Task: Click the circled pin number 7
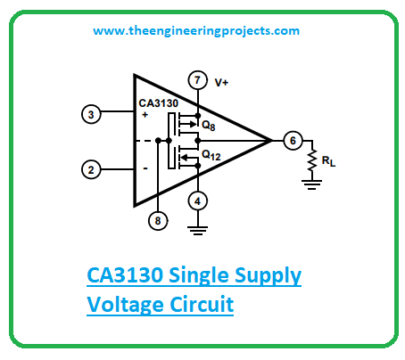click(x=197, y=80)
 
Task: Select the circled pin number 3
click(x=91, y=114)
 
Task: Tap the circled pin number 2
click(x=91, y=169)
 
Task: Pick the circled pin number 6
click(x=293, y=141)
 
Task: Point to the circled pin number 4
click(x=197, y=201)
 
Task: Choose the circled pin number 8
click(x=158, y=221)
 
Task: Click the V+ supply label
click(x=221, y=82)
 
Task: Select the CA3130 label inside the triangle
click(x=159, y=103)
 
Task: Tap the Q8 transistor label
click(x=208, y=126)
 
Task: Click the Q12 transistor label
click(x=211, y=155)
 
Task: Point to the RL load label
click(x=328, y=162)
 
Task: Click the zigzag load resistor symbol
click(x=312, y=160)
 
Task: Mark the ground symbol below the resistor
click(x=312, y=184)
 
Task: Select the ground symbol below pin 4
click(x=197, y=231)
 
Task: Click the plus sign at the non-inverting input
click(x=145, y=115)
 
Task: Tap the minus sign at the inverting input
click(x=145, y=168)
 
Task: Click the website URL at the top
click(x=196, y=31)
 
